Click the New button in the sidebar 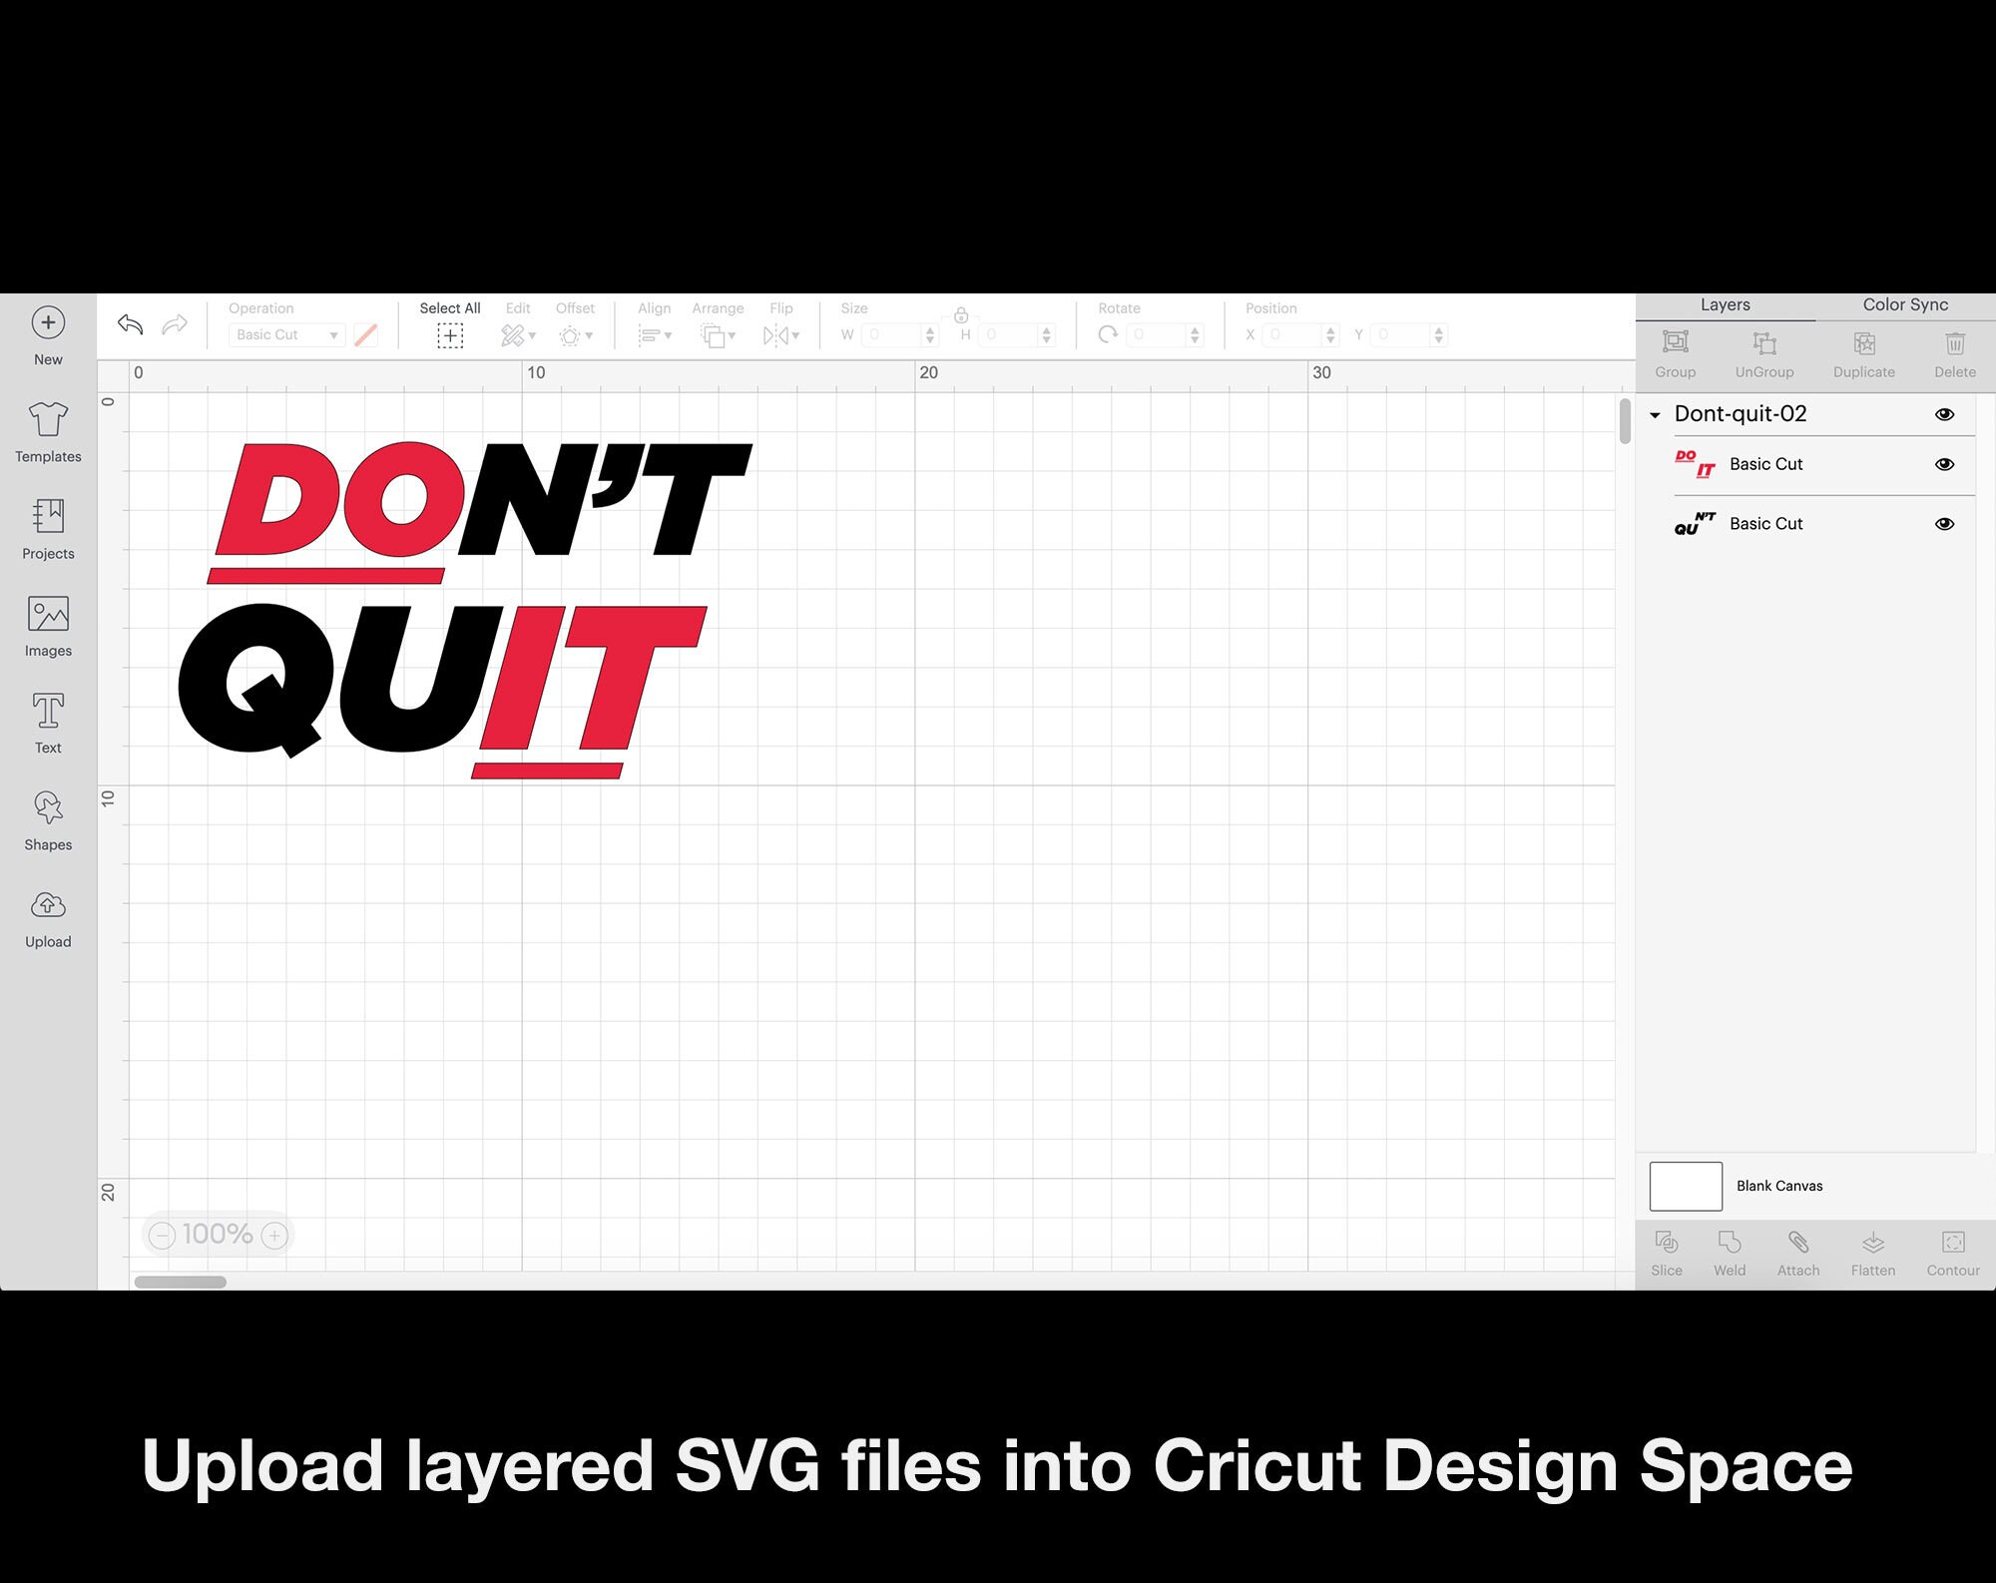pos(48,323)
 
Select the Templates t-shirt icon pos(48,420)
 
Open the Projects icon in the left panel pos(48,517)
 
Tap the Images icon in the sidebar pos(48,614)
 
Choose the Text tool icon pos(48,711)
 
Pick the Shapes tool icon pos(48,807)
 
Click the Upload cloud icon pos(48,905)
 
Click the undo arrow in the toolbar pos(130,324)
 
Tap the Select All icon pos(450,335)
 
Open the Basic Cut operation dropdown pos(287,335)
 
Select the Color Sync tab pos(1905,305)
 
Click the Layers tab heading pos(1725,305)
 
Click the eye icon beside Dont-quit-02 pos(1944,414)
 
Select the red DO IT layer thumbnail pos(1695,464)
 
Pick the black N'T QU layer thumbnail pos(1695,524)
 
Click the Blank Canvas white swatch pos(1686,1186)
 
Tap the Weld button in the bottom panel pos(1730,1252)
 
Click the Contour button pos(1953,1252)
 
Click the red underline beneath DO pos(326,576)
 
